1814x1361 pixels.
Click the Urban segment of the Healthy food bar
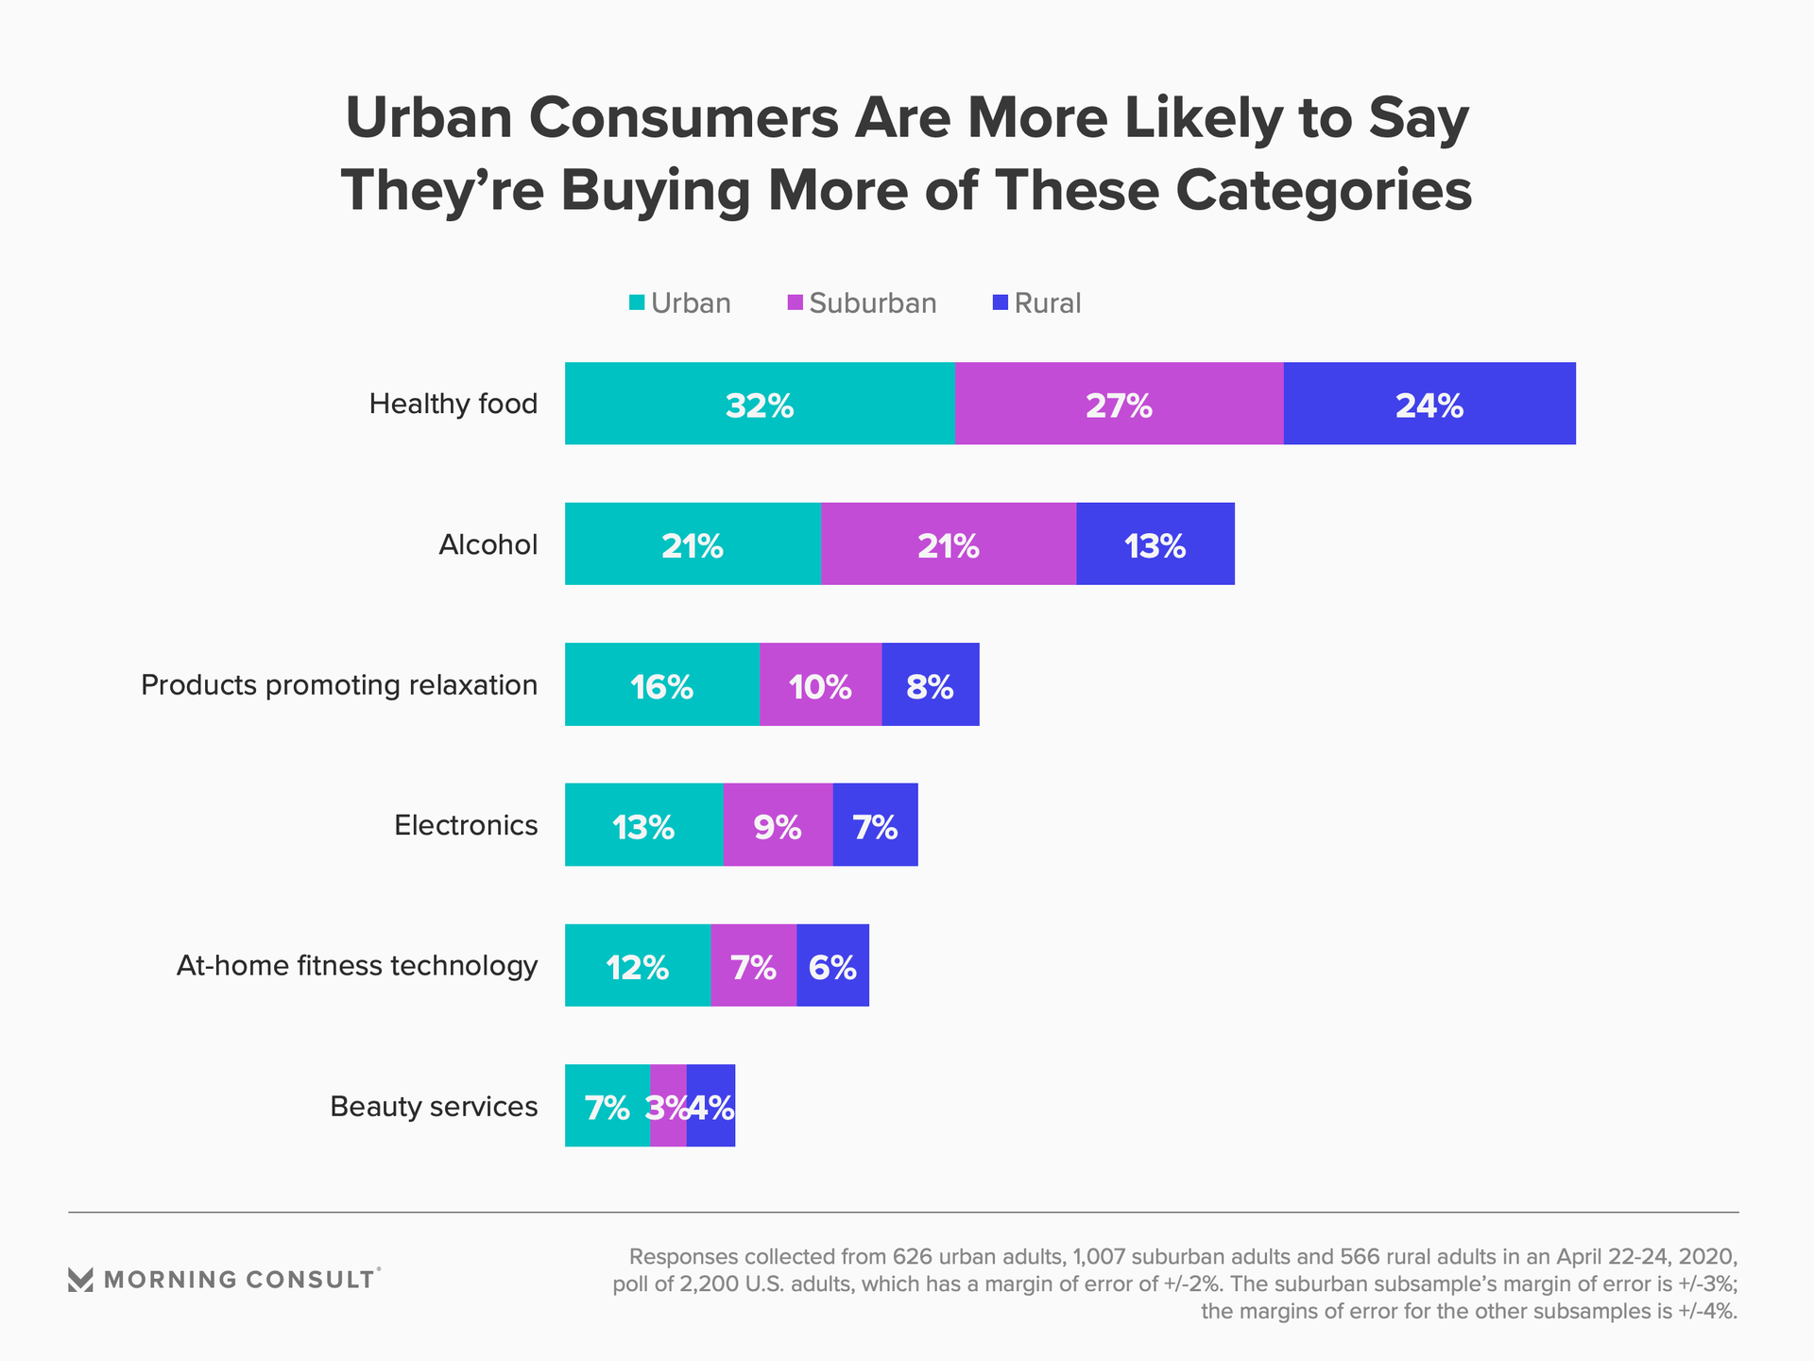click(x=760, y=404)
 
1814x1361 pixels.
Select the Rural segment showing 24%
click(x=1429, y=404)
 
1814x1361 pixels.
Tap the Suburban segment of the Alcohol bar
click(x=949, y=544)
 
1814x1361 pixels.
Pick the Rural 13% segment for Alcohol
click(x=1155, y=544)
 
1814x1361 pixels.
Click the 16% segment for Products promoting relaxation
click(x=661, y=684)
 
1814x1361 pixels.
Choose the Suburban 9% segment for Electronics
click(x=778, y=825)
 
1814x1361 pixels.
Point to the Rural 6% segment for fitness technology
click(x=832, y=965)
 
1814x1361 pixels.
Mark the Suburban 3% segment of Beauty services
click(x=667, y=1106)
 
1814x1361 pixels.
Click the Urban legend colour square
click(x=637, y=302)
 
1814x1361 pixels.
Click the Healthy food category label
click(x=453, y=404)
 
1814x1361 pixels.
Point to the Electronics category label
click(x=466, y=825)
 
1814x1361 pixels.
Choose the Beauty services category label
click(x=434, y=1106)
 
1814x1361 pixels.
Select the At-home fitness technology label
click(x=357, y=965)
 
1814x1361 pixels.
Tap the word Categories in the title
click(x=1324, y=190)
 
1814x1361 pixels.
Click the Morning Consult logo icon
click(x=80, y=1280)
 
